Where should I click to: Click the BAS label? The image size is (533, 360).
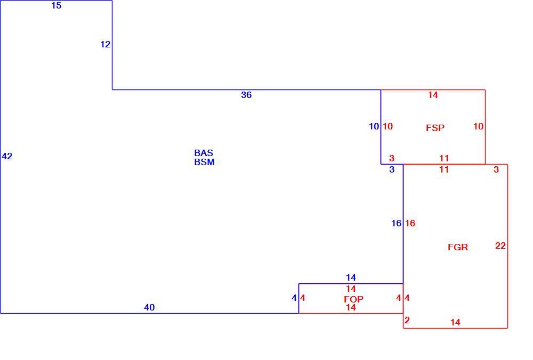(204, 153)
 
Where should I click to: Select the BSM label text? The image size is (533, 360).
(204, 162)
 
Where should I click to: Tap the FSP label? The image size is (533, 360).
(435, 128)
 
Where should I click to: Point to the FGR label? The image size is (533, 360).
(457, 247)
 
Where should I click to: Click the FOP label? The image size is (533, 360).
(353, 299)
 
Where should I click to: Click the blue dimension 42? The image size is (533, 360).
(7, 156)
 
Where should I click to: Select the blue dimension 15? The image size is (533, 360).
(56, 5)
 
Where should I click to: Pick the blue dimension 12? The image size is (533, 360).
(106, 44)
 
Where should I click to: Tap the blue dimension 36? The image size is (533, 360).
(246, 95)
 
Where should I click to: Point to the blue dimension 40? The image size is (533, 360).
(149, 307)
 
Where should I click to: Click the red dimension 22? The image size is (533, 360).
(500, 246)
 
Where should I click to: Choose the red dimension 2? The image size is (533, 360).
(407, 320)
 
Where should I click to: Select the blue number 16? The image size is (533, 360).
(397, 223)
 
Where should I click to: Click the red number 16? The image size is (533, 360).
(410, 223)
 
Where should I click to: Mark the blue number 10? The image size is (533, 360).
(374, 126)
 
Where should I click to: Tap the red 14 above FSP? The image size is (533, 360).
(433, 95)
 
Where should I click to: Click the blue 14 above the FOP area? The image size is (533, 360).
(351, 277)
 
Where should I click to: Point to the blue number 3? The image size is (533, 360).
(392, 169)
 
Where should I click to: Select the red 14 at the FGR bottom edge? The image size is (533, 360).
(456, 322)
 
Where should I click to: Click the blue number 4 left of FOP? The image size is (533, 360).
(294, 298)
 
